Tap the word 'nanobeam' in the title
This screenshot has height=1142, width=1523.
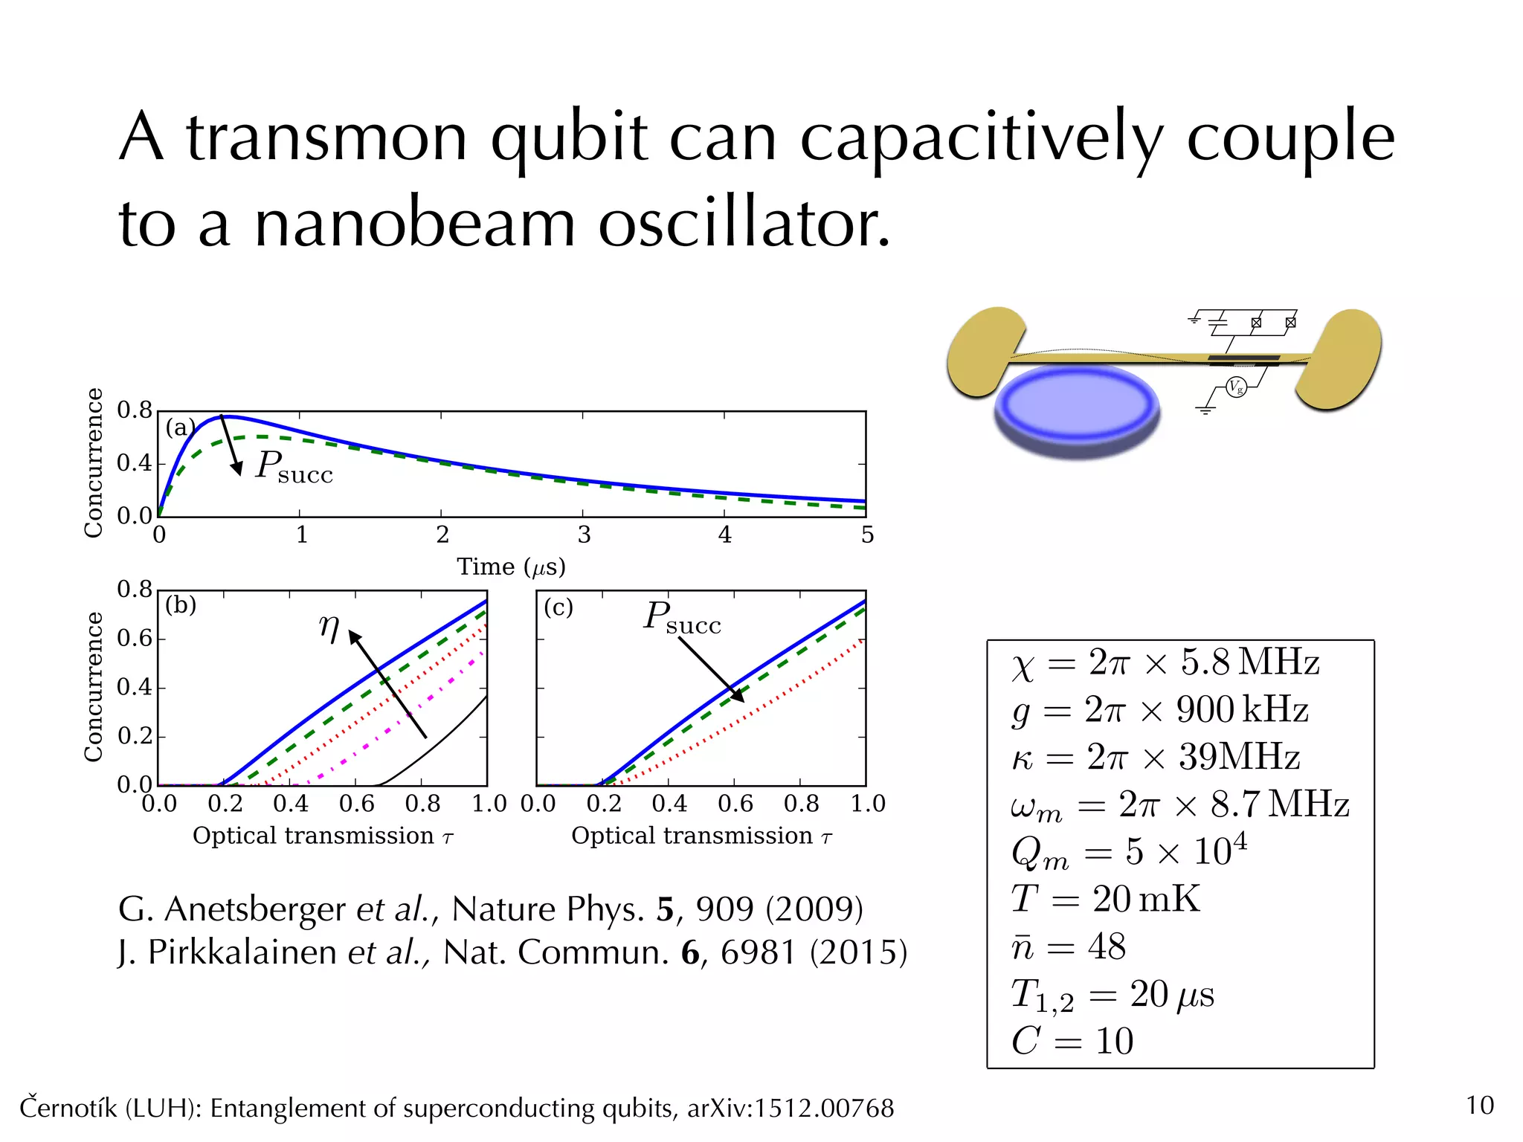[x=415, y=225]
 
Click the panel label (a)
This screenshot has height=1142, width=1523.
[x=179, y=428]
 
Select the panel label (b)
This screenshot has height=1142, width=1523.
[x=181, y=604]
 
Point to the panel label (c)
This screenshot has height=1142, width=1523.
[x=558, y=607]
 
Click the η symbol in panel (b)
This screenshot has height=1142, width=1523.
[x=329, y=628]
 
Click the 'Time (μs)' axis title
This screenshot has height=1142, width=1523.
[x=511, y=567]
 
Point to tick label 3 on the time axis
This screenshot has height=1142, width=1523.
[x=584, y=535]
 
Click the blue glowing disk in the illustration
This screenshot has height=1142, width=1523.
[x=1078, y=405]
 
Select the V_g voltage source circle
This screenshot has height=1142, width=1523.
[x=1236, y=387]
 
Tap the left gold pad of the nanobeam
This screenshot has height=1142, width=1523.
[x=983, y=349]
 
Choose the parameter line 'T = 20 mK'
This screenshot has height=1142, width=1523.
[x=1105, y=899]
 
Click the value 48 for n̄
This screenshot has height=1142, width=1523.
[x=1107, y=946]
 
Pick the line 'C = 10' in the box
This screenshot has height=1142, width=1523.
[x=1072, y=1041]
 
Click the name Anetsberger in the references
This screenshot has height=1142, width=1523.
[x=254, y=909]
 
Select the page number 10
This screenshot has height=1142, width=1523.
[x=1479, y=1106]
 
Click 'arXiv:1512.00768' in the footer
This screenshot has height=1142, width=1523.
[x=790, y=1109]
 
